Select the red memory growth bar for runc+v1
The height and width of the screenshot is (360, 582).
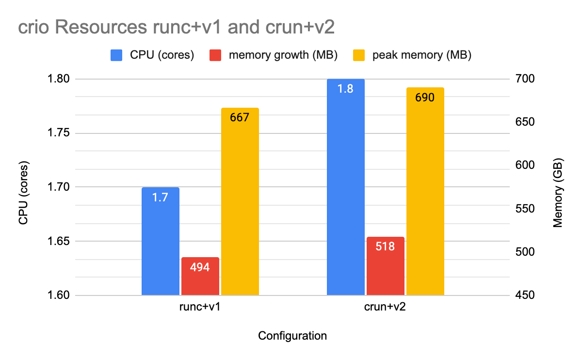[x=200, y=276]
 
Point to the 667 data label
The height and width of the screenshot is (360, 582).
[x=240, y=117]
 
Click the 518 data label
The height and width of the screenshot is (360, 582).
[x=386, y=246]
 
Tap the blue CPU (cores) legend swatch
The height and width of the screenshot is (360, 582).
[x=116, y=55]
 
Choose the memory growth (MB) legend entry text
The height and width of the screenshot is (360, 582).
[x=283, y=55]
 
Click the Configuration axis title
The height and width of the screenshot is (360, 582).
[x=292, y=336]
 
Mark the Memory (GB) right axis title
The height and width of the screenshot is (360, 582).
[x=558, y=193]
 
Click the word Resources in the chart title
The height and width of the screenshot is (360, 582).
[x=93, y=28]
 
